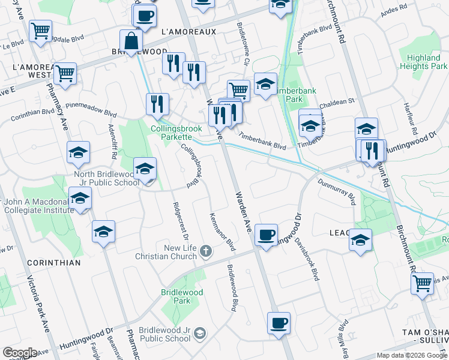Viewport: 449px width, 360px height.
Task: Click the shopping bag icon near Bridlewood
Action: (x=131, y=42)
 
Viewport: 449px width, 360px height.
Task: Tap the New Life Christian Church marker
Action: (x=206, y=251)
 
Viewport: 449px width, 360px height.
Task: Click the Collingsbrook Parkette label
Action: (x=179, y=127)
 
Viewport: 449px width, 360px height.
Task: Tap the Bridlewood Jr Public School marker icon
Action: (x=200, y=333)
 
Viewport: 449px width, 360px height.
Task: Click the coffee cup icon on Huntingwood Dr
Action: (x=266, y=233)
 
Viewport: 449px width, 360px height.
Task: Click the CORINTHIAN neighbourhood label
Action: (x=53, y=263)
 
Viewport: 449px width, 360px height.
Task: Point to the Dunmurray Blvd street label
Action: (x=337, y=192)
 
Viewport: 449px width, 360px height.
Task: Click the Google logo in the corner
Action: (x=20, y=353)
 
